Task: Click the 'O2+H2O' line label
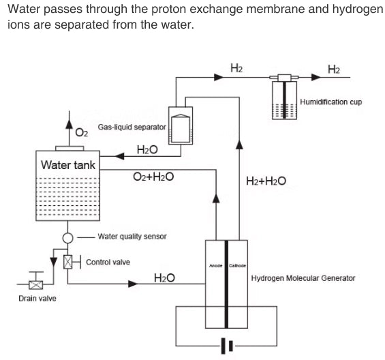pos(153,177)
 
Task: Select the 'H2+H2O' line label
pos(265,181)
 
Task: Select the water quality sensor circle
pos(67,238)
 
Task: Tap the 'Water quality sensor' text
pos(132,237)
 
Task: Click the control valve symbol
pos(67,262)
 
